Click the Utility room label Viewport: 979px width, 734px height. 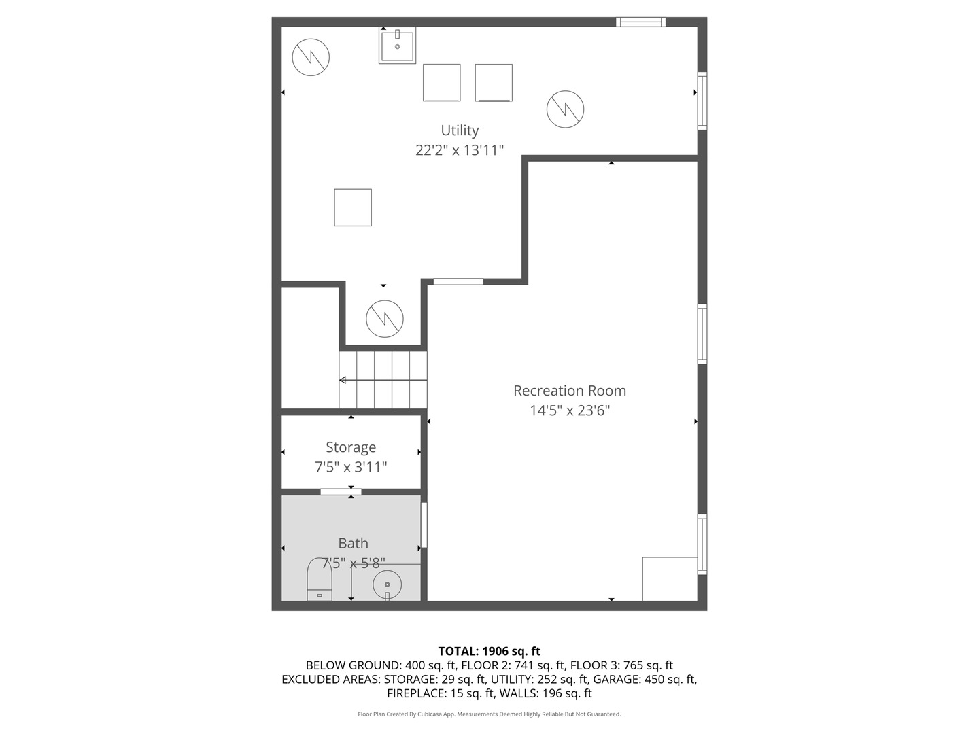click(x=460, y=130)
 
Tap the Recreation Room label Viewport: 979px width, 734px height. click(x=569, y=391)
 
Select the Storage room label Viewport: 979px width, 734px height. click(x=351, y=447)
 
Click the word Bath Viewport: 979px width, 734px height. click(x=353, y=543)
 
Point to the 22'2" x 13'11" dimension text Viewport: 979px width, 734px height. click(x=460, y=150)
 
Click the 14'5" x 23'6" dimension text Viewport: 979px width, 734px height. click(x=569, y=410)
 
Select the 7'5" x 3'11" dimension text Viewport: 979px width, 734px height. click(x=351, y=467)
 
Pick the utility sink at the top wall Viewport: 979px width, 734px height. click(x=397, y=46)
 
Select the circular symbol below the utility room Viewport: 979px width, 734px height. click(x=385, y=318)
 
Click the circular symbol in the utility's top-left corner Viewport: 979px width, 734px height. click(x=311, y=57)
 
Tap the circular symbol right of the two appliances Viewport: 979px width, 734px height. click(x=565, y=109)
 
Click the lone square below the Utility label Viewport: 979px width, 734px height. click(x=353, y=207)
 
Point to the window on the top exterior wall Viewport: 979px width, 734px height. click(x=640, y=22)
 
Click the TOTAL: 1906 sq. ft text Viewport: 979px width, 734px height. click(x=489, y=651)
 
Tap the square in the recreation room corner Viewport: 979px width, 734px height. click(x=670, y=579)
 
